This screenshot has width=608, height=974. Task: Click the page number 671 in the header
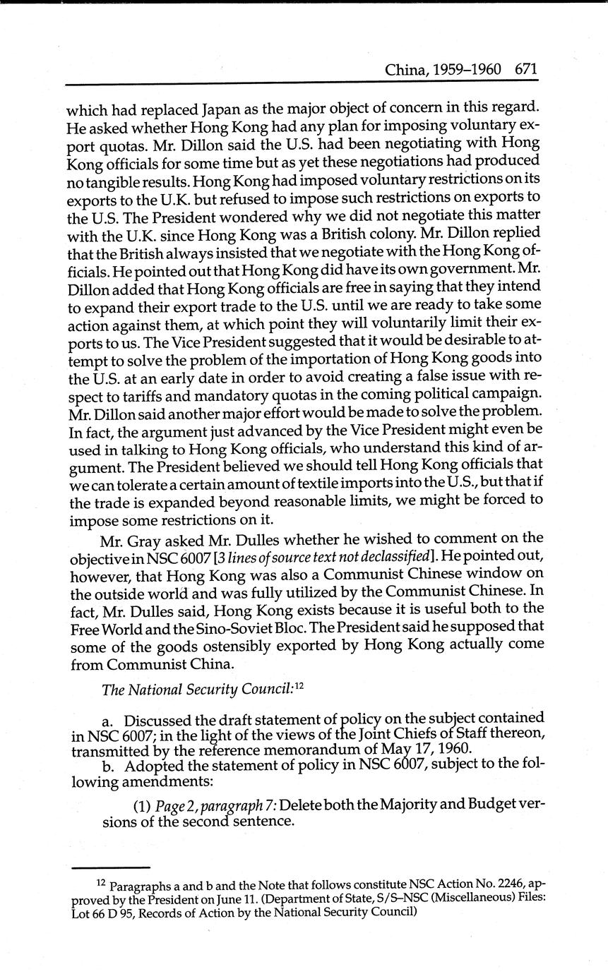point(526,70)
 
